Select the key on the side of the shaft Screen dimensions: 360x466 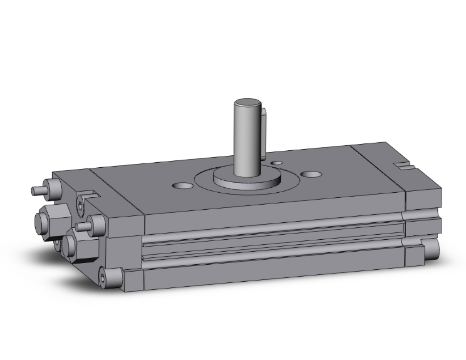(266, 131)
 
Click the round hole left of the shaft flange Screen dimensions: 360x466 (182, 185)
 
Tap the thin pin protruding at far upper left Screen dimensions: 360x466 (38, 188)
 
